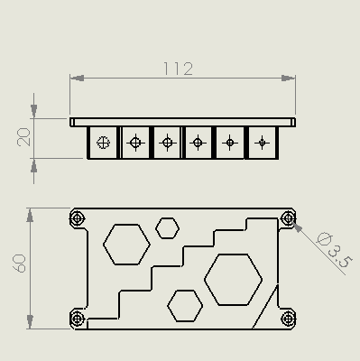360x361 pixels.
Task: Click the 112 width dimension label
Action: (178, 69)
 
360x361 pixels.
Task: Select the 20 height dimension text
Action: (23, 137)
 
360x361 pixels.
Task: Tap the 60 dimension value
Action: (20, 264)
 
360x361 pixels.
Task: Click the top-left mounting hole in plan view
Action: (77, 218)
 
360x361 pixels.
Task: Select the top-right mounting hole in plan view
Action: (289, 218)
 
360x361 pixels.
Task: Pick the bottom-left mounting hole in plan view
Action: (77, 319)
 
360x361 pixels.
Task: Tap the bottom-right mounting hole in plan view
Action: (289, 319)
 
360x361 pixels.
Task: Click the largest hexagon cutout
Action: (233, 280)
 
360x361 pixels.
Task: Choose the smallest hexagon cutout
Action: (167, 228)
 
